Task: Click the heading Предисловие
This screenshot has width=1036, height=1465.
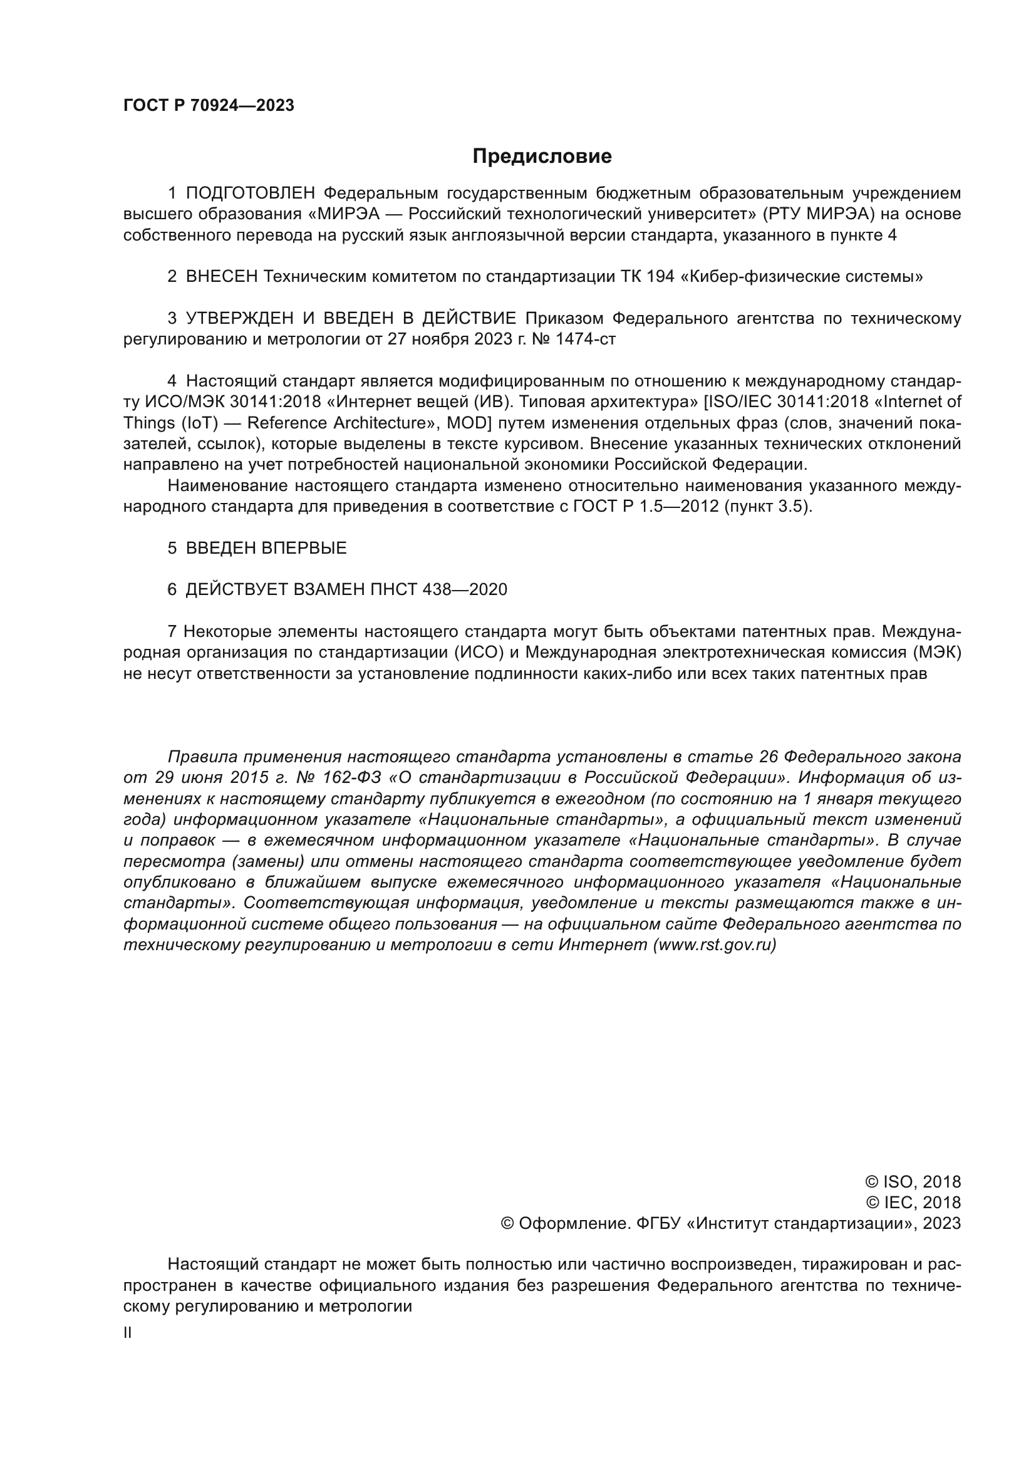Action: (542, 157)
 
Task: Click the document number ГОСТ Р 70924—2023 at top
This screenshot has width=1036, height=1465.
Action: (209, 106)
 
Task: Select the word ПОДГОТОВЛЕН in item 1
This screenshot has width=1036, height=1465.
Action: (251, 194)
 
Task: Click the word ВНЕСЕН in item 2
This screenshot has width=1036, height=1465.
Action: (222, 277)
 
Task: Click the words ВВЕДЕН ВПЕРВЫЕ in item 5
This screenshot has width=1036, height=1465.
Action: (266, 548)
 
